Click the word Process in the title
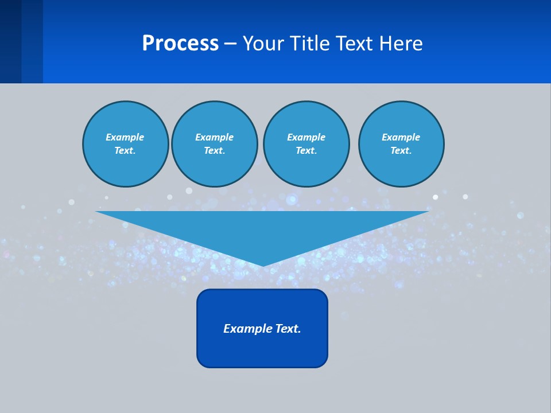click(180, 44)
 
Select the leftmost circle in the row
click(126, 144)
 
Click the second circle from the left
click(215, 144)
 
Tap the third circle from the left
click(306, 144)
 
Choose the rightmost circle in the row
click(401, 144)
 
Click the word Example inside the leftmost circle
click(125, 137)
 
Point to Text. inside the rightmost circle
click(401, 151)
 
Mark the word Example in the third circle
click(306, 137)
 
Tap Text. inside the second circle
click(215, 151)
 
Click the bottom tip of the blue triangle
click(263, 264)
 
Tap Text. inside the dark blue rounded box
click(288, 329)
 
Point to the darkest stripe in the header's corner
click(10, 41)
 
